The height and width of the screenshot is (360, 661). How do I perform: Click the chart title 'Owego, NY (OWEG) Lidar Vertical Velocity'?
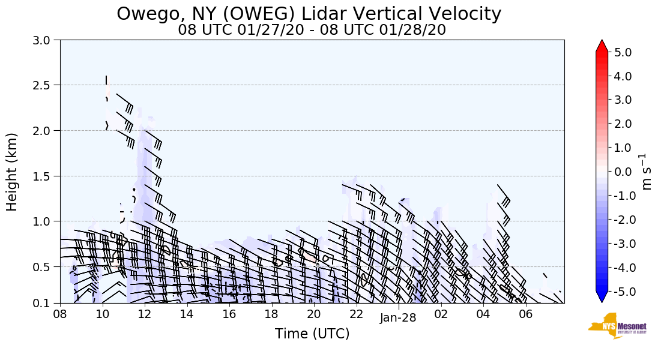click(x=309, y=13)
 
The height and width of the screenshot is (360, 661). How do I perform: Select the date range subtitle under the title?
click(x=312, y=30)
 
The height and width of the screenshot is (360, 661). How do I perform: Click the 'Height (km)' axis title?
click(x=13, y=172)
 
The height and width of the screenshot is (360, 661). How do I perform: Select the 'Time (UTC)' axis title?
click(x=312, y=334)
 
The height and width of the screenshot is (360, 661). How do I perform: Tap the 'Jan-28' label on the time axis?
click(x=398, y=318)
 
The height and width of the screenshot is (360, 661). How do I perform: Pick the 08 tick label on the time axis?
click(x=60, y=314)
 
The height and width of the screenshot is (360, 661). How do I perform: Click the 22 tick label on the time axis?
click(x=357, y=314)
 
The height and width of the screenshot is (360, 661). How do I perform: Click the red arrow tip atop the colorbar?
click(x=602, y=46)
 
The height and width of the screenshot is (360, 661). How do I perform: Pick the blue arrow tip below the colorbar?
click(x=602, y=298)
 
